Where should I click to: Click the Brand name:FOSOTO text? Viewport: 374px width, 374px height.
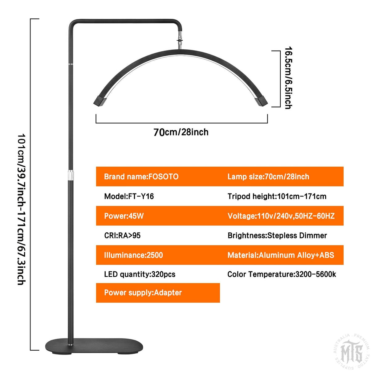click(141, 177)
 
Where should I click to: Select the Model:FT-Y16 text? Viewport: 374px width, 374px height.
click(129, 196)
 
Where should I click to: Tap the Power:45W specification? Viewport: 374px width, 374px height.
click(124, 216)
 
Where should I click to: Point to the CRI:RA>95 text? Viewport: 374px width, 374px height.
click(122, 235)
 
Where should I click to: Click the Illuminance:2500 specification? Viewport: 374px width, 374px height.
click(133, 255)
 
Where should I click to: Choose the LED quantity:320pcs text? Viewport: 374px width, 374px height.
click(140, 274)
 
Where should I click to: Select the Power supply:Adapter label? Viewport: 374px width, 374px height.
click(143, 292)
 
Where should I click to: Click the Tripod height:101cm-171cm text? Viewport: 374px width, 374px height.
click(277, 197)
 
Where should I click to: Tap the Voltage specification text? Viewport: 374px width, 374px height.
click(281, 216)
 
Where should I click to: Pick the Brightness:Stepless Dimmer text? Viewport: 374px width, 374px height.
click(277, 236)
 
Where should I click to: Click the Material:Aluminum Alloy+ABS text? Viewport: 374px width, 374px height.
click(281, 255)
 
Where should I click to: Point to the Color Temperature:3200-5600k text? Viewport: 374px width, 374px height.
click(282, 274)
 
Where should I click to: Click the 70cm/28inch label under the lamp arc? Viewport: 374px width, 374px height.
click(181, 132)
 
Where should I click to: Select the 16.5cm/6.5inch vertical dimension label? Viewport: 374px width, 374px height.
click(289, 78)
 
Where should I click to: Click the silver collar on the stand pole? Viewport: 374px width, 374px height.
click(71, 175)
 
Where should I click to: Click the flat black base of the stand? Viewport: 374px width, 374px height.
click(94, 346)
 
